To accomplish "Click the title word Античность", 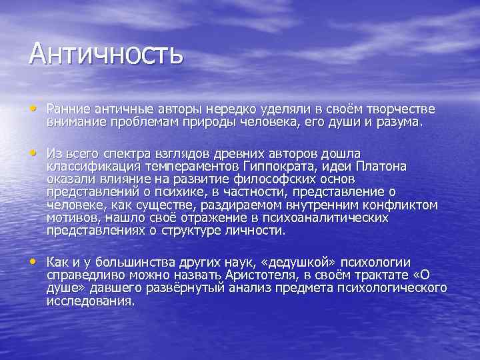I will click(105, 53).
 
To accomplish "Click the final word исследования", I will click(90, 301).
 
